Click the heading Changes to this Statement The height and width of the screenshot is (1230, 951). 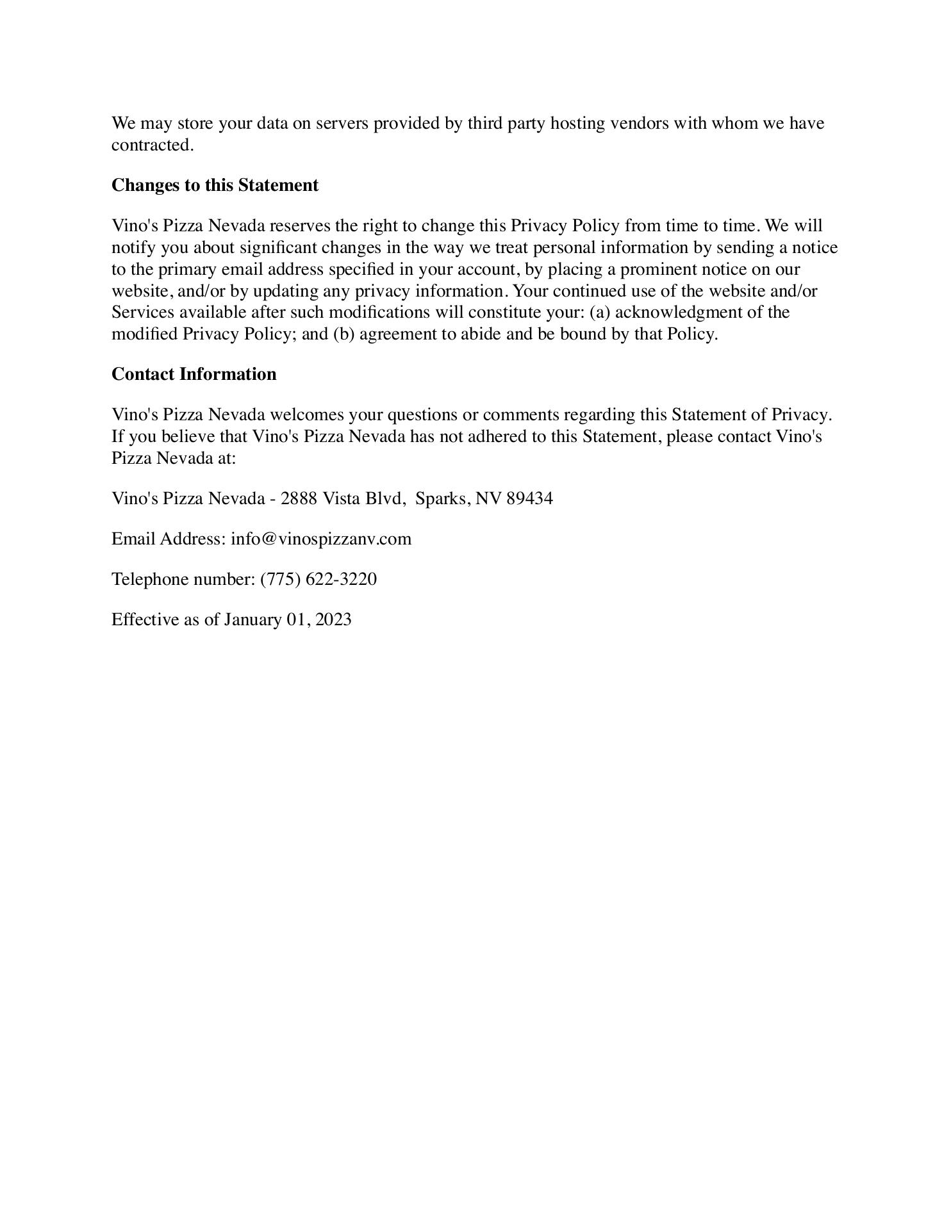215,185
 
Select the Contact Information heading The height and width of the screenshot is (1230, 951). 194,374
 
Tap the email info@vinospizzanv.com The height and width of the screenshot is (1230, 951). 321,539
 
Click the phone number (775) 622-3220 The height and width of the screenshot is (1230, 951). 318,579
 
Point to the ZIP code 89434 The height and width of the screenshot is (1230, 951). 529,498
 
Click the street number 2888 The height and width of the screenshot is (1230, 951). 299,498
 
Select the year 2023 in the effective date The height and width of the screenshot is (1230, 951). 333,619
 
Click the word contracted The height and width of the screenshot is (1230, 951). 152,145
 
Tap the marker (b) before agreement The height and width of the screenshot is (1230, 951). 343,334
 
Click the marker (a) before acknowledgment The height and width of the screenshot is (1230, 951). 600,313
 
